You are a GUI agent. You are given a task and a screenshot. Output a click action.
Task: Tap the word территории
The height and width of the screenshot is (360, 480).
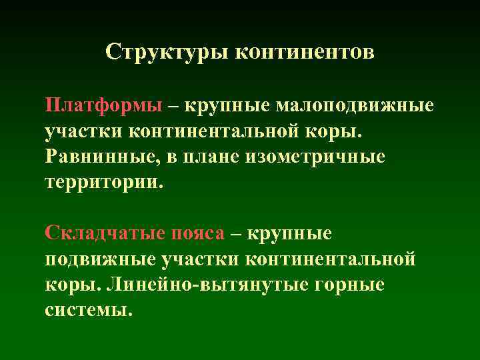[x=103, y=182]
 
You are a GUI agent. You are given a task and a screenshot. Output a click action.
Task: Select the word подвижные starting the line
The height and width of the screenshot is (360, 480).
[x=103, y=258]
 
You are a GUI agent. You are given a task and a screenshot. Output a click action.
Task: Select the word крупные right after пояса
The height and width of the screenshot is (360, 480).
[x=289, y=233]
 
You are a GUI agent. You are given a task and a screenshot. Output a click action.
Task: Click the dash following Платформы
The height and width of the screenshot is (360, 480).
[x=173, y=105]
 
